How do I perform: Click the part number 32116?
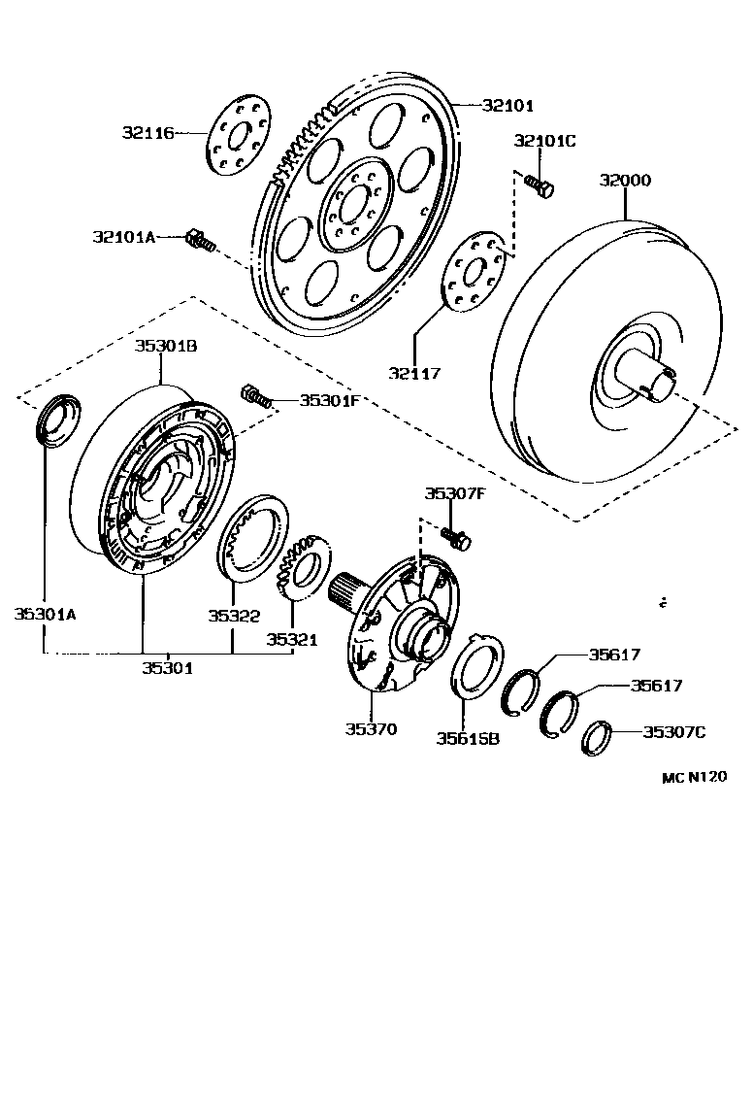147,133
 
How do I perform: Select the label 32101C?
544,141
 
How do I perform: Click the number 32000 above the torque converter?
625,181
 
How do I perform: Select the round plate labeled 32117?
475,272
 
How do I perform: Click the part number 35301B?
166,346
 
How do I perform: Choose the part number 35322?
233,614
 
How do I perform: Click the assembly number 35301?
168,667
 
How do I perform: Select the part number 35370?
371,728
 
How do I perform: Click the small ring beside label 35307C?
596,737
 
